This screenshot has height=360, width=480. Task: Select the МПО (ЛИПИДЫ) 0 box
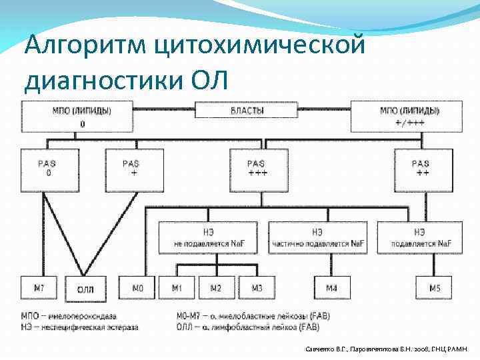click(x=77, y=116)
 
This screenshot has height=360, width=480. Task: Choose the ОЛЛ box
click(x=85, y=289)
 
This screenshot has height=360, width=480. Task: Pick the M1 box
click(x=177, y=288)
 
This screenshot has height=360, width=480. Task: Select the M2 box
click(x=216, y=288)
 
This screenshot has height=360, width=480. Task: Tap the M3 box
click(x=257, y=288)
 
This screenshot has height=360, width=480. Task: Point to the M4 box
click(x=331, y=288)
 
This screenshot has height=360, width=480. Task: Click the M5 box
click(x=435, y=288)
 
